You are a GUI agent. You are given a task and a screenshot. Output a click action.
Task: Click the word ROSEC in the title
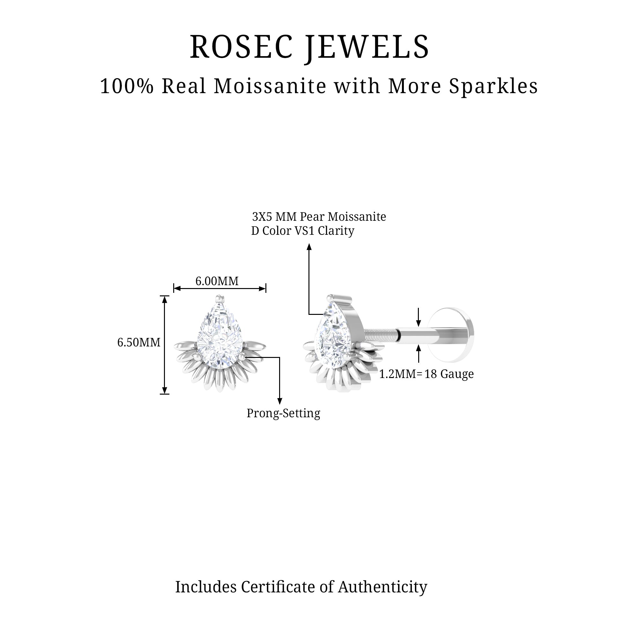click(241, 47)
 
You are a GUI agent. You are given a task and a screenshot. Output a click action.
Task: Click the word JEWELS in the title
click(367, 47)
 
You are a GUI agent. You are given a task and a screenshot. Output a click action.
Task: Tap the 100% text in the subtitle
click(127, 86)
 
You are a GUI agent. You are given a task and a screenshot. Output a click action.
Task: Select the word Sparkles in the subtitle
click(493, 86)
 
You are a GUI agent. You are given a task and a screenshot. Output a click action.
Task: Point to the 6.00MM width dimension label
click(217, 281)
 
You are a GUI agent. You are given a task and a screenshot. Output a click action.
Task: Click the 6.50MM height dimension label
click(139, 342)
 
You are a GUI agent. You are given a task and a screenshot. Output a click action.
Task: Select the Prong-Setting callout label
click(283, 413)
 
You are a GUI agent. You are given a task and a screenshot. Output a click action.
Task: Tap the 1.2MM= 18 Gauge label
click(426, 374)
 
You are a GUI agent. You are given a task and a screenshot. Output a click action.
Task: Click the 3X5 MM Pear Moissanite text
click(319, 217)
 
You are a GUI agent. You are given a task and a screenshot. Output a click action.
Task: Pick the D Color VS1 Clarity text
click(302, 231)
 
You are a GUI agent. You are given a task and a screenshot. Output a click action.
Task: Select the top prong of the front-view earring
click(218, 298)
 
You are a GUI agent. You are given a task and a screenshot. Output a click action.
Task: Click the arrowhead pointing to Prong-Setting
click(280, 401)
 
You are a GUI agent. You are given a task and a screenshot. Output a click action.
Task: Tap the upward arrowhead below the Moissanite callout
click(309, 247)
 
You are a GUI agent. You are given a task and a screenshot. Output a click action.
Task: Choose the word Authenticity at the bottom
click(382, 587)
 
